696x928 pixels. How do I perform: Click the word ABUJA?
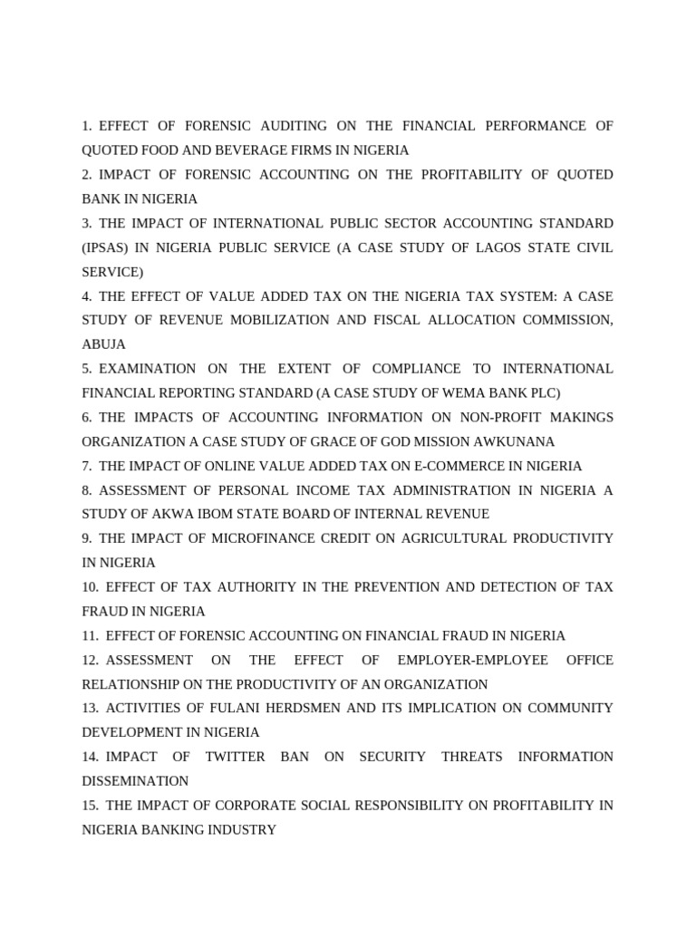coord(103,344)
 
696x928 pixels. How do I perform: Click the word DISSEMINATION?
coord(135,780)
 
